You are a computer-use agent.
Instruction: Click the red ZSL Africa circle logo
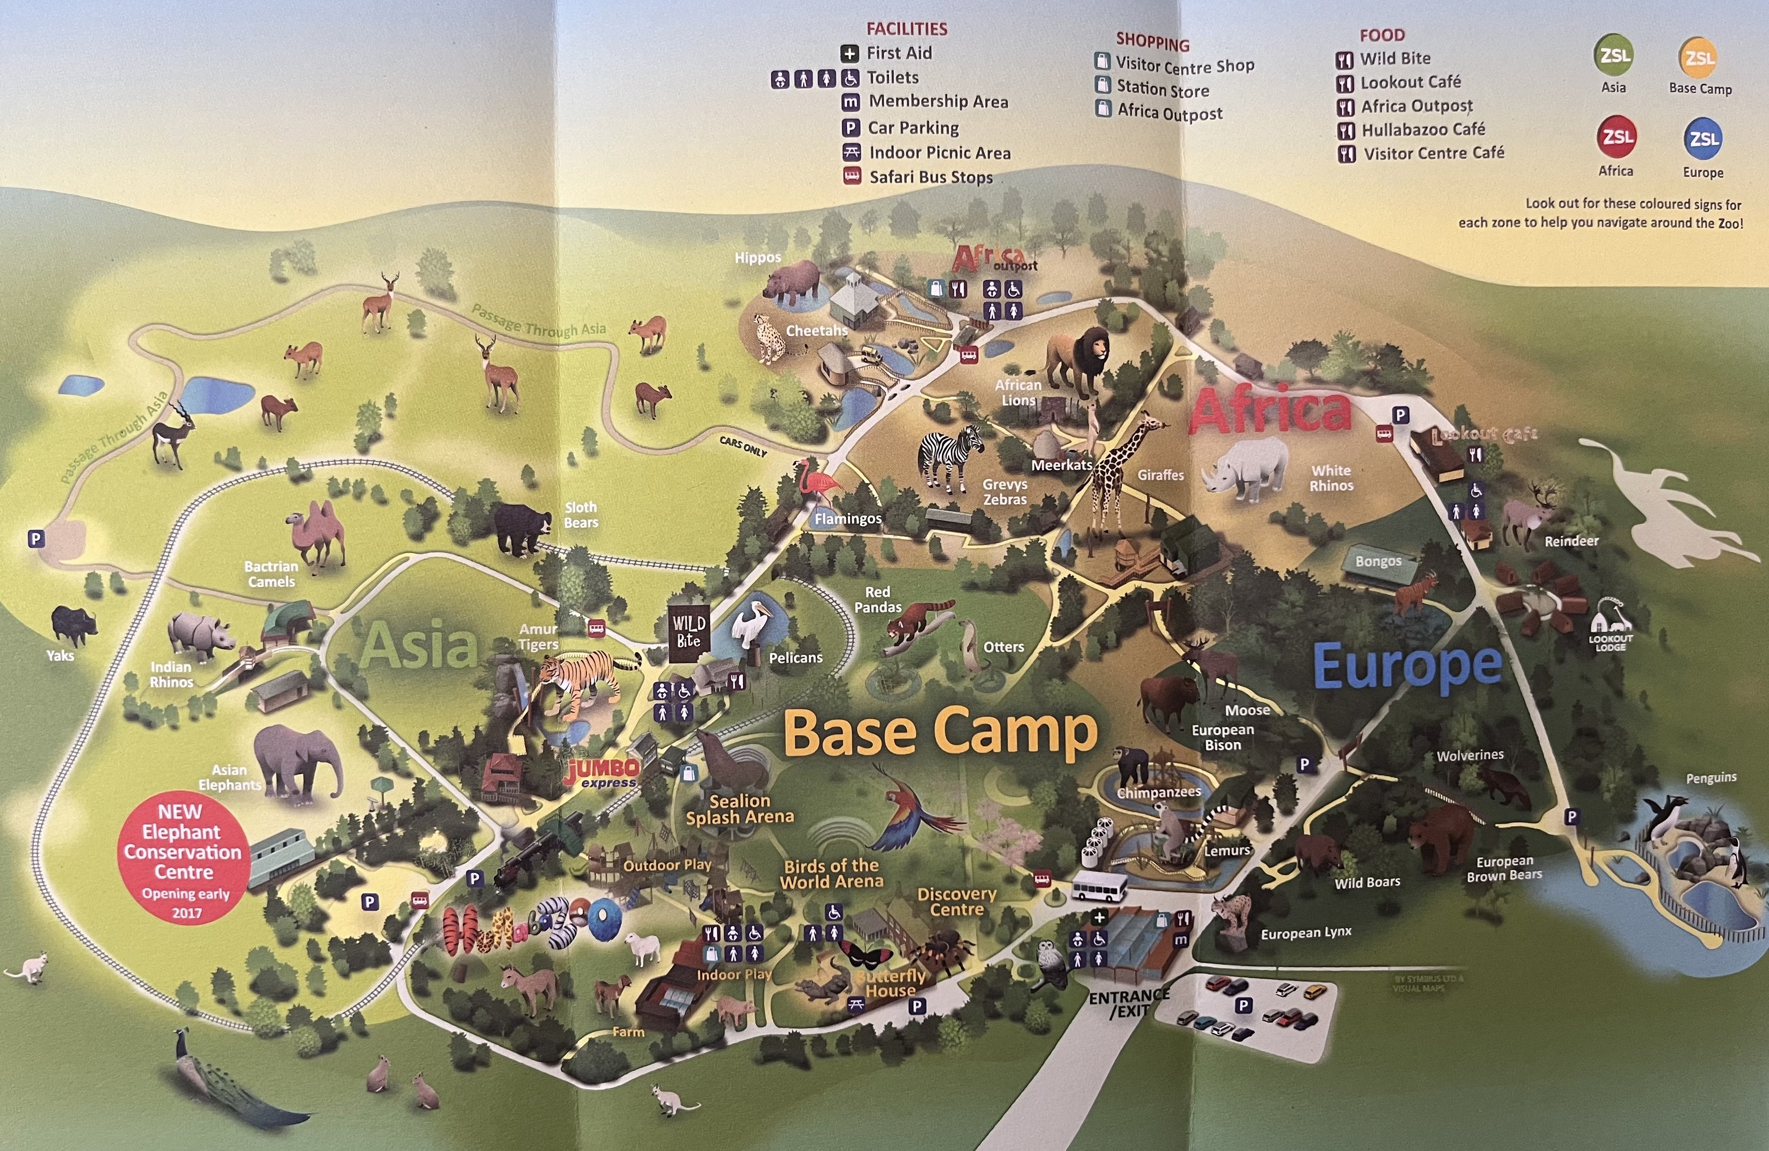coord(1616,137)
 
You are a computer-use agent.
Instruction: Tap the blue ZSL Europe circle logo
coord(1702,139)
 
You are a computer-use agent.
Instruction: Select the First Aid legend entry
coord(899,53)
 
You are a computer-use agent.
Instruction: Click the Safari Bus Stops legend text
coord(931,177)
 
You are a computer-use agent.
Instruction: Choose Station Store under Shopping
coord(1162,89)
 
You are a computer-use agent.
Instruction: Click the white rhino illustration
coord(1245,467)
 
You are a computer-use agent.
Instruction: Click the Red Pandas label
coord(877,599)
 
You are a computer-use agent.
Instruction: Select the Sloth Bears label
coord(581,515)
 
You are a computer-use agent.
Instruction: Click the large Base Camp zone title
coord(940,732)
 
